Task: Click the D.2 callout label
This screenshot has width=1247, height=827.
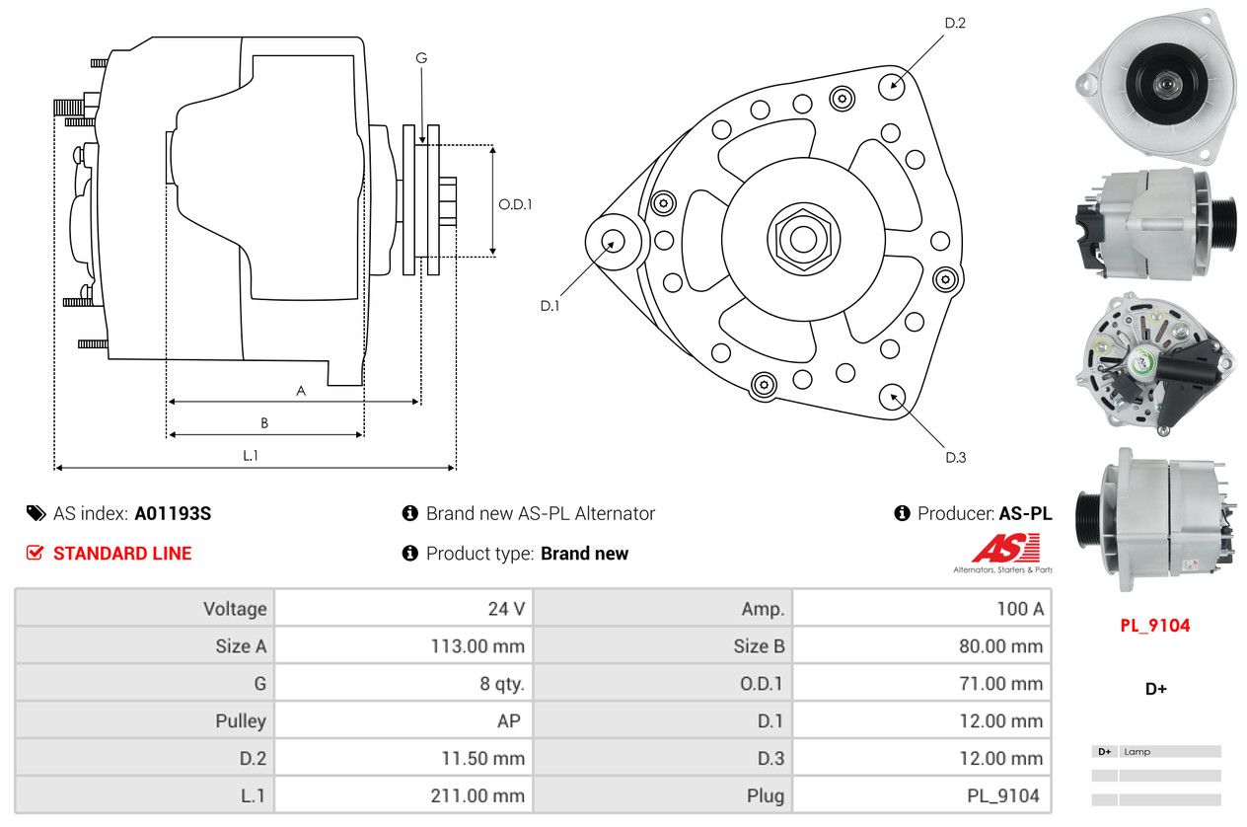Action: click(x=954, y=23)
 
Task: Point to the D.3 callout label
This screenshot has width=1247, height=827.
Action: click(x=955, y=457)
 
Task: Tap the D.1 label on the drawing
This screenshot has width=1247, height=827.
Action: click(x=550, y=306)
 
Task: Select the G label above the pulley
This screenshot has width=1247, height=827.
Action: click(x=421, y=58)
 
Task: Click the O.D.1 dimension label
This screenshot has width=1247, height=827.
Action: click(x=515, y=204)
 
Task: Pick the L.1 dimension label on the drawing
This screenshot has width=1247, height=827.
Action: click(x=251, y=455)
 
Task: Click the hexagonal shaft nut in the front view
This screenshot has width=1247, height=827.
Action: click(x=803, y=238)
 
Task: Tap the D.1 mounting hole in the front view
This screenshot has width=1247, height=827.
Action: click(x=613, y=241)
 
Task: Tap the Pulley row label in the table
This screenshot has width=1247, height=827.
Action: click(x=241, y=721)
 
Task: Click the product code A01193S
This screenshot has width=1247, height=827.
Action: click(x=173, y=514)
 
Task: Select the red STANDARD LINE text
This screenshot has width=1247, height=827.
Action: click(x=122, y=554)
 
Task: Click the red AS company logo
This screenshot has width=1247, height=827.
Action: click(x=1005, y=549)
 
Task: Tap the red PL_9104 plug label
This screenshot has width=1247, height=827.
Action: click(x=1154, y=626)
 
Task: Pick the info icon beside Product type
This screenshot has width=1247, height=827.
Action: click(x=410, y=554)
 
